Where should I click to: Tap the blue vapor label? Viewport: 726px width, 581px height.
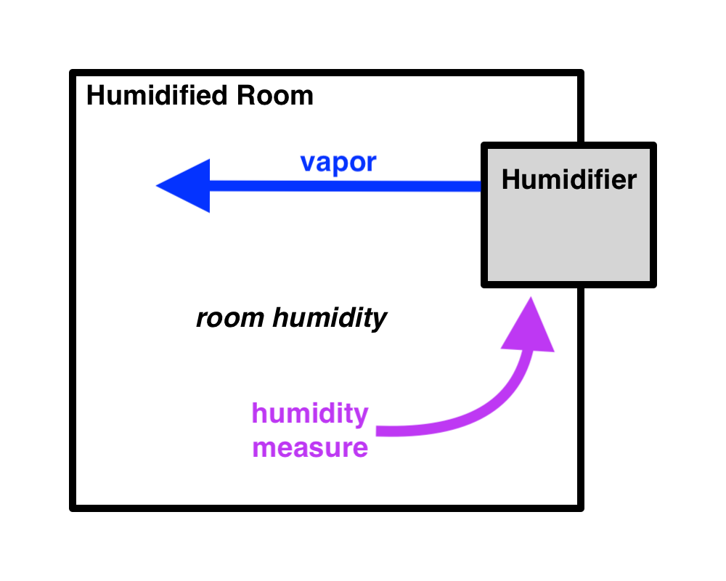[338, 162]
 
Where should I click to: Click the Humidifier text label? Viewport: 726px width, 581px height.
[569, 179]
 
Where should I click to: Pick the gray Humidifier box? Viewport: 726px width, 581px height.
[569, 240]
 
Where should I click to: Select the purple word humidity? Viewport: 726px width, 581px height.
[310, 414]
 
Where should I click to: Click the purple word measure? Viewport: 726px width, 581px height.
[310, 447]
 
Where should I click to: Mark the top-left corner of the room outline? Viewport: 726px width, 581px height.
[73, 73]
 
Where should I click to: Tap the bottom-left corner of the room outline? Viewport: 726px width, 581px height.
[73, 507]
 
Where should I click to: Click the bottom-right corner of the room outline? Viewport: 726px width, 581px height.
[580, 507]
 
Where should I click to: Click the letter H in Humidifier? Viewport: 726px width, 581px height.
[510, 179]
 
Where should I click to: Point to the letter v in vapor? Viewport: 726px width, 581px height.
[308, 163]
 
